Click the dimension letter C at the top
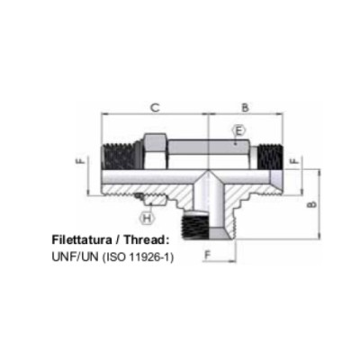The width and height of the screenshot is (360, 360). coord(155,107)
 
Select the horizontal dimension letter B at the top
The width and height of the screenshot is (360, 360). coord(246,107)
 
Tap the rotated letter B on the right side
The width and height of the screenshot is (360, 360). coord(312,204)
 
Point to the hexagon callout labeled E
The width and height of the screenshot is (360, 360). coord(238,131)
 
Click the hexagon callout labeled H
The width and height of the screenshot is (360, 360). coord(147,218)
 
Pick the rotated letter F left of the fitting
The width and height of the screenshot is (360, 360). coord(81,161)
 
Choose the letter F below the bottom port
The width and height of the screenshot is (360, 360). coord(208,256)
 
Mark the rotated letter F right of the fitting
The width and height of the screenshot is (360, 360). coord(295,161)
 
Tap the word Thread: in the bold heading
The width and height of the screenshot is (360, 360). coord(145,240)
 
